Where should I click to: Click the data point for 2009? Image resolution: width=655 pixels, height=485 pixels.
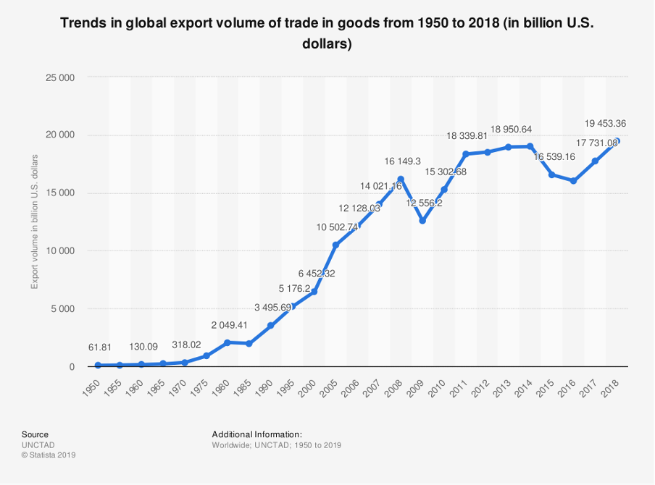click(422, 221)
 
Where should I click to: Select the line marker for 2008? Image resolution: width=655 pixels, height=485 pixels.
click(401, 179)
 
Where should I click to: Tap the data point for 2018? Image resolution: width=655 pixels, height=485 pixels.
click(617, 141)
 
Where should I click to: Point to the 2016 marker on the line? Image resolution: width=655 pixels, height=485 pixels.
click(573, 181)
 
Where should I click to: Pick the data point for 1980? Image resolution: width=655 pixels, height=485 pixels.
click(228, 342)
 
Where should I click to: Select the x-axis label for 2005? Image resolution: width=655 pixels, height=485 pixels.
click(330, 386)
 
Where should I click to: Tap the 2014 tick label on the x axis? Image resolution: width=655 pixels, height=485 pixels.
click(525, 386)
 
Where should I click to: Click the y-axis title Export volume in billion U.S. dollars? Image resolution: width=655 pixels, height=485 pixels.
click(34, 222)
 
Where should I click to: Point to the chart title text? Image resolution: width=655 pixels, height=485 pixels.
click(327, 33)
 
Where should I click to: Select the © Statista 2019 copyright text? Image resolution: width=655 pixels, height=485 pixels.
click(49, 455)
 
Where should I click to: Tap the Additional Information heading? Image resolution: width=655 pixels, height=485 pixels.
click(251, 434)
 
